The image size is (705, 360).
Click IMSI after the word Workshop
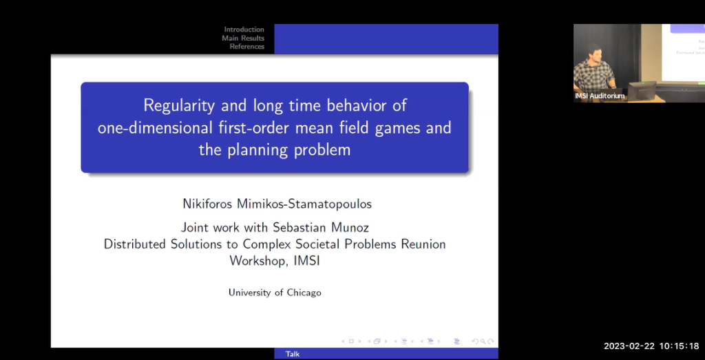(306, 261)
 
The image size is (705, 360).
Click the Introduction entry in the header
(244, 30)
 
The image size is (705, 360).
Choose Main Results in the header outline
(243, 39)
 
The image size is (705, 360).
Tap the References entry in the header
(247, 47)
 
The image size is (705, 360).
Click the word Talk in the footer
(293, 354)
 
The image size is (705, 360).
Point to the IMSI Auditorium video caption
(600, 96)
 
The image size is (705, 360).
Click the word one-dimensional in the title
(147, 128)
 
